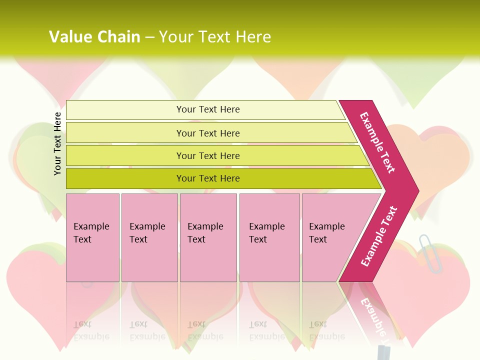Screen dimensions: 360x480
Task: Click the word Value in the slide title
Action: click(x=69, y=37)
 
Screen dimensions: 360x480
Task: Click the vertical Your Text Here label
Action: click(x=57, y=143)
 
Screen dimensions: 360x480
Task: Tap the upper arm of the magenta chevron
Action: click(x=377, y=142)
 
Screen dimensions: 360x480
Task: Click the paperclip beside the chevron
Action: click(x=429, y=252)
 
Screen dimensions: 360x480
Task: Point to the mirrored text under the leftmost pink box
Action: click(x=91, y=330)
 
